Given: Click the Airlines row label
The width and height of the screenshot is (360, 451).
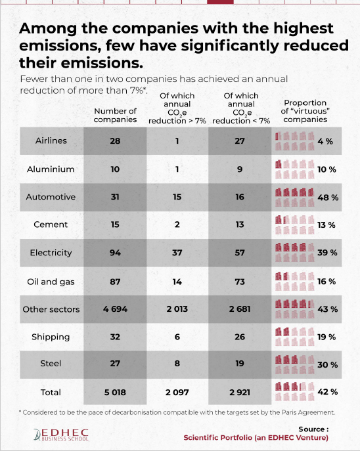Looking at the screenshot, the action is click(x=51, y=140).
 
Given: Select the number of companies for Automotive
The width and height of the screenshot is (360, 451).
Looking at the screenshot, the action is click(x=115, y=197).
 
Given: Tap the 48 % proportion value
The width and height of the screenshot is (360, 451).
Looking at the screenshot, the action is click(x=328, y=198).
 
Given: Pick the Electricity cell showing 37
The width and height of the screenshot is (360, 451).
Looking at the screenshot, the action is click(x=177, y=253).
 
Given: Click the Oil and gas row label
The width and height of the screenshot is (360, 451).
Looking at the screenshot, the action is click(x=51, y=282).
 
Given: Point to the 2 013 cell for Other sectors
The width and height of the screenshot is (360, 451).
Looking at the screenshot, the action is click(x=177, y=309).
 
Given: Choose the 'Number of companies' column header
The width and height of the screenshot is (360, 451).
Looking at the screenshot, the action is click(x=115, y=115).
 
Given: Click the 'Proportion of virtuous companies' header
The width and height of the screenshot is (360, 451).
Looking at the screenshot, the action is click(x=305, y=111).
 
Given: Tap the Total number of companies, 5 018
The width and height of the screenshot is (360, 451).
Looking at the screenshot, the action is click(x=115, y=393).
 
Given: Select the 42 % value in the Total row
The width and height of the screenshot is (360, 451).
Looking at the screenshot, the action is click(x=328, y=392).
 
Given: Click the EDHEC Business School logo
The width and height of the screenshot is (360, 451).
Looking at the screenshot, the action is click(x=61, y=435).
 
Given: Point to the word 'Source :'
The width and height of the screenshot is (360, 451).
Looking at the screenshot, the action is click(x=313, y=429).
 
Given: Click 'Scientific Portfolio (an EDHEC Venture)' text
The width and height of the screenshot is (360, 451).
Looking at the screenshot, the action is click(x=256, y=438).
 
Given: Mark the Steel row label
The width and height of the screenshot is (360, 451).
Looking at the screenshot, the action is click(x=51, y=364).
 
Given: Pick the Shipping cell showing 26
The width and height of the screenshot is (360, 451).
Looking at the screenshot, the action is click(x=240, y=337).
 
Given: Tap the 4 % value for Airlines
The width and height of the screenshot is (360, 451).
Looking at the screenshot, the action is click(x=325, y=141).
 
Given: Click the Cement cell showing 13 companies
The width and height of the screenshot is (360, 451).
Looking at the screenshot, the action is click(x=240, y=225).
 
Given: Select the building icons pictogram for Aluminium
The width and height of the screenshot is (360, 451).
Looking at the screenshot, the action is click(x=294, y=169).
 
